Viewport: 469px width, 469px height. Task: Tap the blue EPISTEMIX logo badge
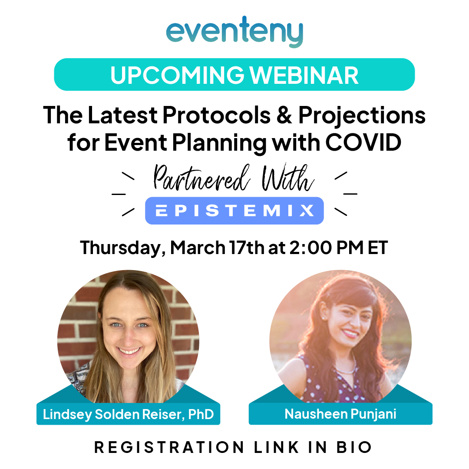point(234,211)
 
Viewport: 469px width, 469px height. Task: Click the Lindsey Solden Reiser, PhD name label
point(128,414)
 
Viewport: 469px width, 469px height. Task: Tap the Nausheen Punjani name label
point(340,414)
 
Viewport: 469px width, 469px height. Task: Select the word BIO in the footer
point(357,447)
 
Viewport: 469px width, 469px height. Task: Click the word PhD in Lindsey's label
point(201,414)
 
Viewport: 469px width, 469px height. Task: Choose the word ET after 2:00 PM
point(377,248)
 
